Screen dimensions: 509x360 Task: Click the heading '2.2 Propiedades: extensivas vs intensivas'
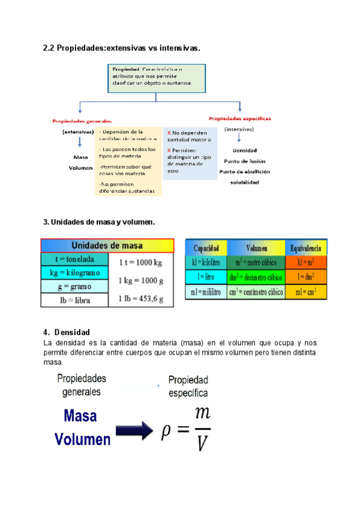point(121,47)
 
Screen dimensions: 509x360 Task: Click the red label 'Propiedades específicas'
point(239,118)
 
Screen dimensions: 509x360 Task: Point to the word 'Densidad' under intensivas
point(244,149)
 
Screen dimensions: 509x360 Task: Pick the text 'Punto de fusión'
point(244,161)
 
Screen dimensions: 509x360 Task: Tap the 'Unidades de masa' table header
point(107,245)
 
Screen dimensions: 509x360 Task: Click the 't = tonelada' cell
point(74,259)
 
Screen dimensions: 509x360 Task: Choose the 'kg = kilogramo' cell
point(74,273)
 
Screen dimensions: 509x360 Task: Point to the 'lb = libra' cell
point(74,300)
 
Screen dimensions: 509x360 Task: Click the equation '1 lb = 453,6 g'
point(141,298)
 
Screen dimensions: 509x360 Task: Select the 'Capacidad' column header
point(206,248)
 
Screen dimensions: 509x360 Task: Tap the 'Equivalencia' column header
point(305,248)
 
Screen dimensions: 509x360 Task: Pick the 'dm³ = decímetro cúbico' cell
point(255,277)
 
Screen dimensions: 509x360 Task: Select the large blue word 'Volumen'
point(83,439)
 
